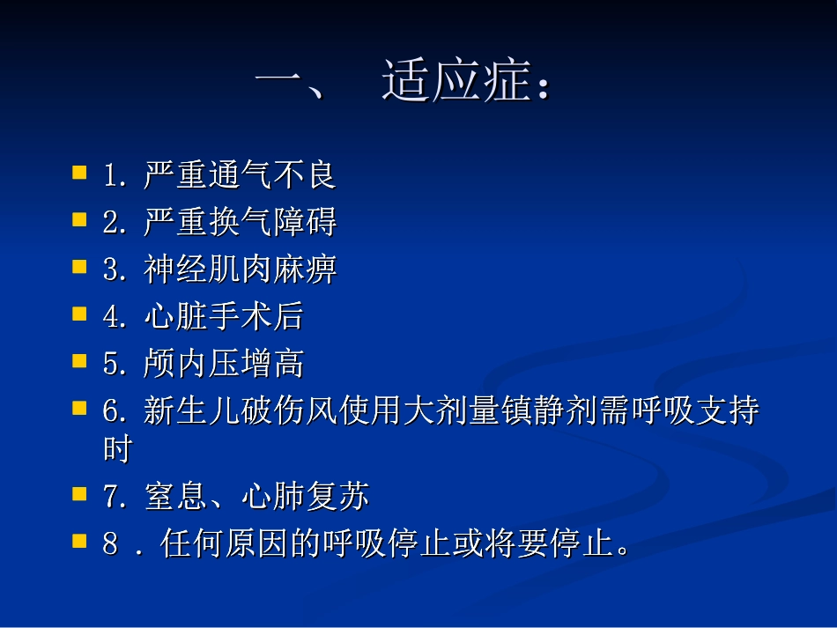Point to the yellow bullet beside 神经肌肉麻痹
[80, 265]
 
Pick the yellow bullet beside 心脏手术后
[80, 313]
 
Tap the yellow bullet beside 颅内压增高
[80, 360]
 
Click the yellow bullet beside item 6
[80, 408]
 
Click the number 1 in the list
[110, 175]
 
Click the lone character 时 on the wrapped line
[117, 450]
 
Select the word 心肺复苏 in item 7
[305, 498]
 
